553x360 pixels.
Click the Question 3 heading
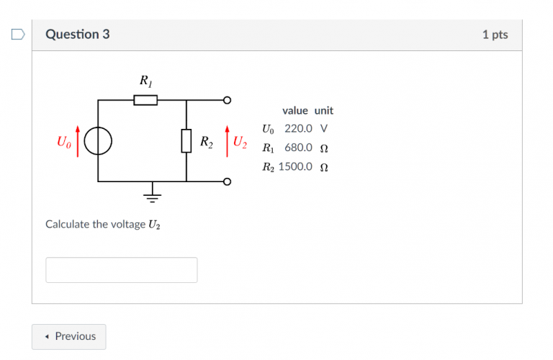pos(78,35)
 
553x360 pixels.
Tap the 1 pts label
pos(495,35)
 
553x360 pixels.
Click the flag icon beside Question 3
pos(18,35)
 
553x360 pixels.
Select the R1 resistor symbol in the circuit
pos(145,100)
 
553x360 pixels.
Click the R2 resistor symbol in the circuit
pos(186,141)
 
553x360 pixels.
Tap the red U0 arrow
pos(78,141)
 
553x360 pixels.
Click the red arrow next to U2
pos(227,141)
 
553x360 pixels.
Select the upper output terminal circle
pos(227,100)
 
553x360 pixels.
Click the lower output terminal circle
pos(227,181)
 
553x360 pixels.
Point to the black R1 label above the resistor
pos(146,81)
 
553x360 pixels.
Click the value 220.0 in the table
pos(298,128)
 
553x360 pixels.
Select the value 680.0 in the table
pos(298,148)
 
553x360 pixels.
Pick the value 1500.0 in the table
pos(295,166)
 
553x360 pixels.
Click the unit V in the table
pos(324,128)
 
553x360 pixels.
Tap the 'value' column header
pos(295,111)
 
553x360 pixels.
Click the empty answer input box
pos(121,270)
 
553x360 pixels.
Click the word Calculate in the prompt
pos(68,224)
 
